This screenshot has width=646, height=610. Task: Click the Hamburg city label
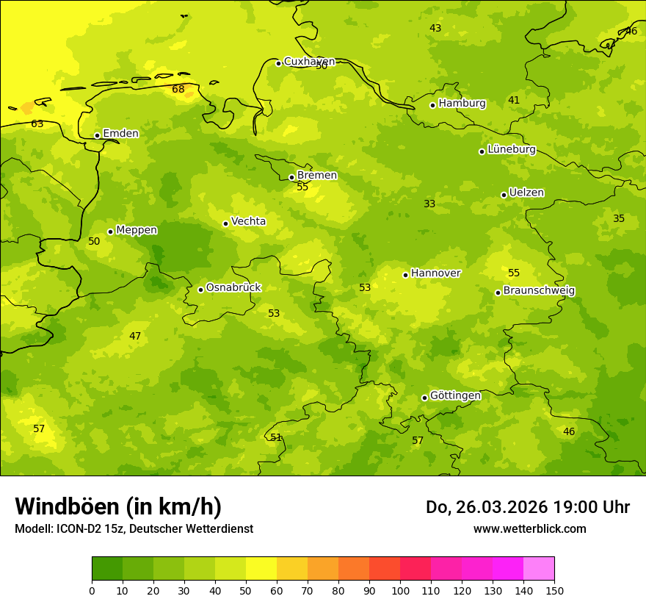[x=462, y=104]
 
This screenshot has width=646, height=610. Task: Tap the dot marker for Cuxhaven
[x=278, y=63]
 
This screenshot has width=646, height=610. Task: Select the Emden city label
[x=120, y=134]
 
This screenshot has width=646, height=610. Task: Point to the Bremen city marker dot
[x=291, y=177]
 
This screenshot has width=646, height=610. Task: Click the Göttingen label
[x=455, y=396]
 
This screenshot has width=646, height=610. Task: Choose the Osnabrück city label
[x=233, y=288]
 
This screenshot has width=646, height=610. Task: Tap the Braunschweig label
[x=539, y=291]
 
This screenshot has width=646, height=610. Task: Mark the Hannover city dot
[x=405, y=275]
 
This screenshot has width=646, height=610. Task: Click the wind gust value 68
[x=178, y=90]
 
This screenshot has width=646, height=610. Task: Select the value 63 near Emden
[x=37, y=124]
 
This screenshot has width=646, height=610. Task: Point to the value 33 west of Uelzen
[x=429, y=204]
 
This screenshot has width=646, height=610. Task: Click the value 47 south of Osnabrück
[x=135, y=337]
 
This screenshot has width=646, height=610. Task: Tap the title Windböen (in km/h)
[x=118, y=506]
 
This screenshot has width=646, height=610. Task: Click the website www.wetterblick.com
[x=529, y=529]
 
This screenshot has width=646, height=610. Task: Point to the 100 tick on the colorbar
[x=400, y=590]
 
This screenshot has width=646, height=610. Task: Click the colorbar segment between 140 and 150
[x=539, y=569]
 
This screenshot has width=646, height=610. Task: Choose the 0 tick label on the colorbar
[x=92, y=590]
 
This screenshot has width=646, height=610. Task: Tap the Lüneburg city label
[x=512, y=149]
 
